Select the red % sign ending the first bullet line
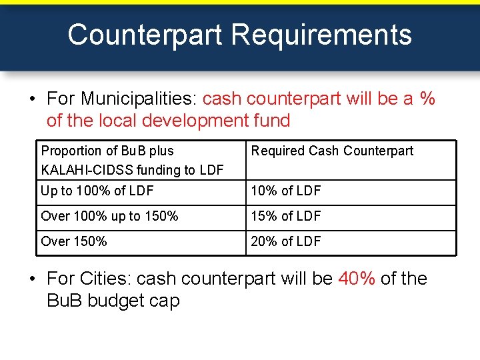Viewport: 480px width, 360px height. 427,99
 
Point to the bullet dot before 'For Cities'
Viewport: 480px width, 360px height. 33,279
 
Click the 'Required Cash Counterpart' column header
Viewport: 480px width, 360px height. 332,151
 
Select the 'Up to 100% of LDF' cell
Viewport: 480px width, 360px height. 97,191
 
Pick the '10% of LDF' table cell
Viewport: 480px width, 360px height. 286,191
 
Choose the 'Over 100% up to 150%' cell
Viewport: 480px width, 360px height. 109,217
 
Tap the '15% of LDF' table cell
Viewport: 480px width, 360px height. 286,217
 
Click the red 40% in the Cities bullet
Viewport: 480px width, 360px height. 357,278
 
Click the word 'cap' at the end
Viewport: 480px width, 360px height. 165,301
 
